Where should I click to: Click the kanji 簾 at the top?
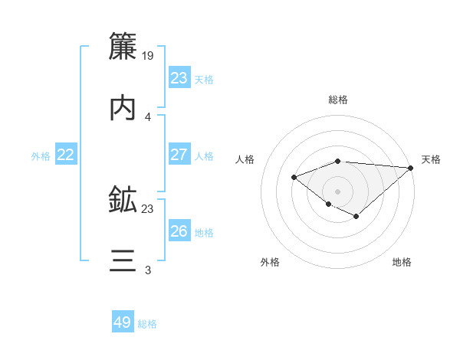pyautogui.click(x=123, y=45)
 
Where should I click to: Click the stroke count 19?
pyautogui.click(x=149, y=55)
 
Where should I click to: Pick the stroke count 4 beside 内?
pyautogui.click(x=147, y=117)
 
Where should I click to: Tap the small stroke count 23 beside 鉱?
pyautogui.click(x=148, y=208)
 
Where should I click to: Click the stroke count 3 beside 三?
pyautogui.click(x=147, y=270)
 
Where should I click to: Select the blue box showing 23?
pyautogui.click(x=179, y=78)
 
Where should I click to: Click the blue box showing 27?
pyautogui.click(x=179, y=155)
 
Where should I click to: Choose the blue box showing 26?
pyautogui.click(x=179, y=231)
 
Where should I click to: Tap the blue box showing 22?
pyautogui.click(x=66, y=155)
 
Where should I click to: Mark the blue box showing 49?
pyautogui.click(x=123, y=322)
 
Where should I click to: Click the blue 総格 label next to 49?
pyautogui.click(x=147, y=324)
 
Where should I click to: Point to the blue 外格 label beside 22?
pyautogui.click(x=41, y=156)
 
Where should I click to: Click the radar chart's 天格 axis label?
pyautogui.click(x=431, y=159)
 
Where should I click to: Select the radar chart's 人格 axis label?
pyautogui.click(x=245, y=159)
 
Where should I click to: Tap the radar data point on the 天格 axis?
pyautogui.click(x=411, y=168)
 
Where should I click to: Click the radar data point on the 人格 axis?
pyautogui.click(x=294, y=177)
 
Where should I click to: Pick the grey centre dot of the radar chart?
pyautogui.click(x=337, y=191)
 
